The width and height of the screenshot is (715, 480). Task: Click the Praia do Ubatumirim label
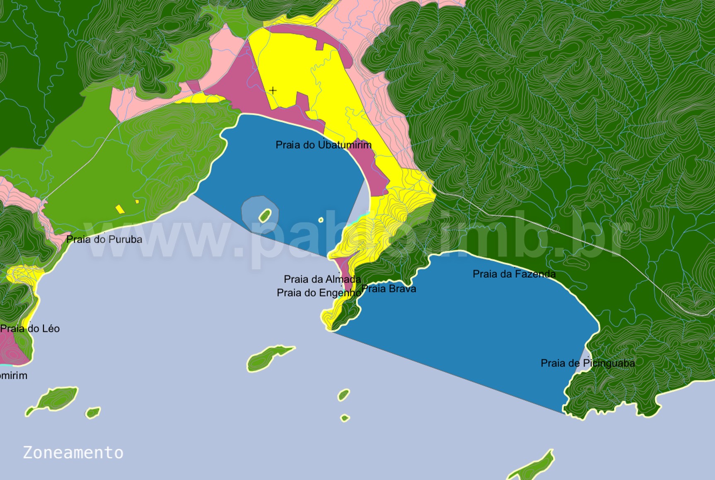324,145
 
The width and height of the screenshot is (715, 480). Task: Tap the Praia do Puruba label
104,240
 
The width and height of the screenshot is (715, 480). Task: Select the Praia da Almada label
322,279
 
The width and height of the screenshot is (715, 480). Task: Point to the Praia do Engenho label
318,293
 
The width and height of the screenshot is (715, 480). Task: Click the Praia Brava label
389,289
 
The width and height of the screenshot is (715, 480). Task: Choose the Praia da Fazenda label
514,274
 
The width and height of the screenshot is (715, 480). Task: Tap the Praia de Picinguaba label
587,364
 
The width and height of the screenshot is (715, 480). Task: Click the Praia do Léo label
30,329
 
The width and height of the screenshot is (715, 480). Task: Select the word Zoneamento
73,452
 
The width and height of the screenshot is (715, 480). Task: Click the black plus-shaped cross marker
273,90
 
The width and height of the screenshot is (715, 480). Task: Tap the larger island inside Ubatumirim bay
264,215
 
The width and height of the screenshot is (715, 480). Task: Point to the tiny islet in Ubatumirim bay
321,220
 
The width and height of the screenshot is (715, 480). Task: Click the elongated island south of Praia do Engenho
269,357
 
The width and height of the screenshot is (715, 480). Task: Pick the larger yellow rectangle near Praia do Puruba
119,208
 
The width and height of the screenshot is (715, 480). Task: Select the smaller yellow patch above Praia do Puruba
137,202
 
